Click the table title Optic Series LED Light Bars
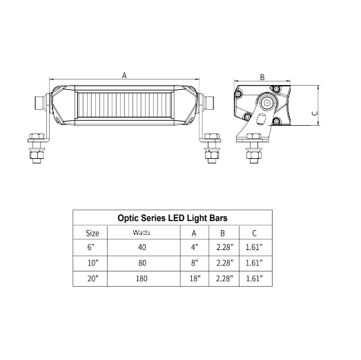[x=173, y=218]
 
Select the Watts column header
[x=142, y=233]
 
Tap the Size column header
[x=92, y=234]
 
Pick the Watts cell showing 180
[x=142, y=278]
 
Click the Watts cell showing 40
[x=142, y=247]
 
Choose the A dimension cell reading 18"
[x=195, y=278]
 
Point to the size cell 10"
[x=92, y=263]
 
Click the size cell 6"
[x=90, y=247]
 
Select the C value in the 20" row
[x=254, y=278]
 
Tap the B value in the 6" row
[x=225, y=247]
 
